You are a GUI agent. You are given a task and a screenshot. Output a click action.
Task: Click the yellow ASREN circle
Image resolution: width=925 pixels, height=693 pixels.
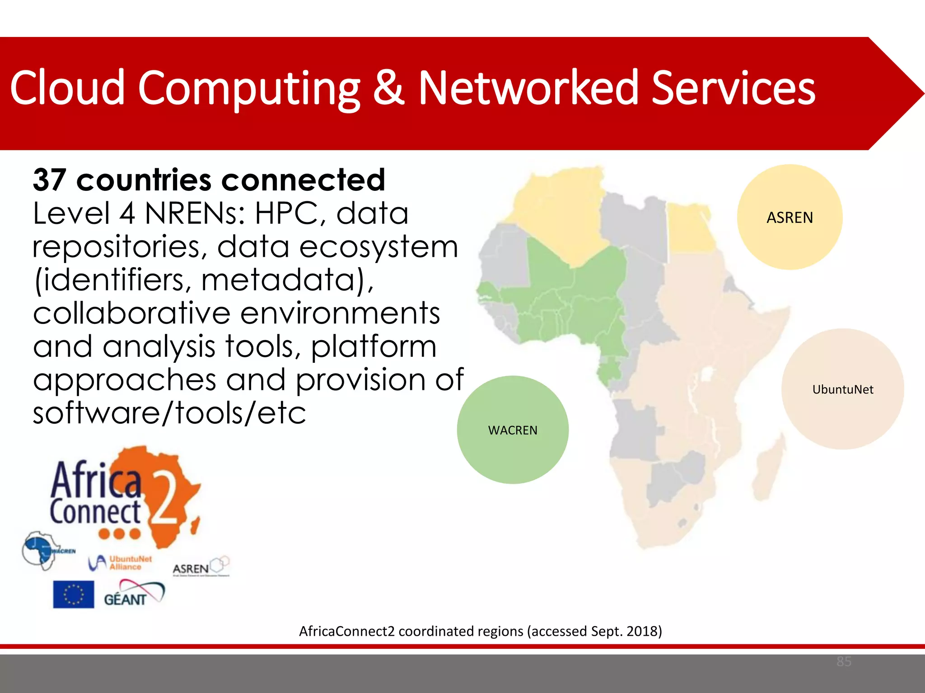pos(790,217)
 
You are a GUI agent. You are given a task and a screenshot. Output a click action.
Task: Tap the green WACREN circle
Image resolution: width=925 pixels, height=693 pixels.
pos(513,430)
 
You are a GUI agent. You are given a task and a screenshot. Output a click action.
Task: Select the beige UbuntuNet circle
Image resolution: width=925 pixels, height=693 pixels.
pos(843,389)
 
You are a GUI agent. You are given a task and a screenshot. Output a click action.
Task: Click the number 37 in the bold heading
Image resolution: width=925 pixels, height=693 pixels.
pos(50,180)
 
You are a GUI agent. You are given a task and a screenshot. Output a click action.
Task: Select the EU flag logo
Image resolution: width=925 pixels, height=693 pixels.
pos(73,594)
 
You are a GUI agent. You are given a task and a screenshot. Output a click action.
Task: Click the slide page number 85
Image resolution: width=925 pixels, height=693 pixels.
pos(844,661)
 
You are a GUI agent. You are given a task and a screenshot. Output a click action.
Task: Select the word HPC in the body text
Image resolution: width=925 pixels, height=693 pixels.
pos(286,213)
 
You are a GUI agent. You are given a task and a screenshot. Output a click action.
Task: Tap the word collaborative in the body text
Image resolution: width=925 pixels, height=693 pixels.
pos(131,313)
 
